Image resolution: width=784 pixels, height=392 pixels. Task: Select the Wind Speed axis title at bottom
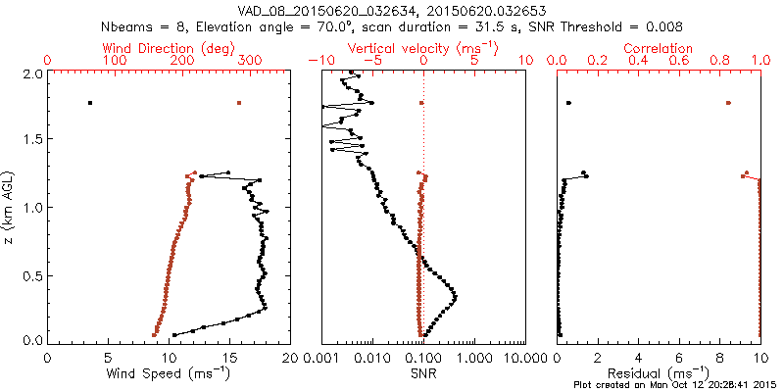pyautogui.click(x=169, y=373)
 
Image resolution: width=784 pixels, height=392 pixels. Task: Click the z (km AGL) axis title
pyautogui.click(x=10, y=206)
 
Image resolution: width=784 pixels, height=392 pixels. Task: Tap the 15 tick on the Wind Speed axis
pyautogui.click(x=229, y=357)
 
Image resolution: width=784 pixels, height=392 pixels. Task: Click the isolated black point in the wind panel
pyautogui.click(x=90, y=103)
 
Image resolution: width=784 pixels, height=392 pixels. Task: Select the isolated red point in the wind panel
pyautogui.click(x=238, y=103)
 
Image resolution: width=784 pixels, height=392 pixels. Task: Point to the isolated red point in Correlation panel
pyautogui.click(x=728, y=103)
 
